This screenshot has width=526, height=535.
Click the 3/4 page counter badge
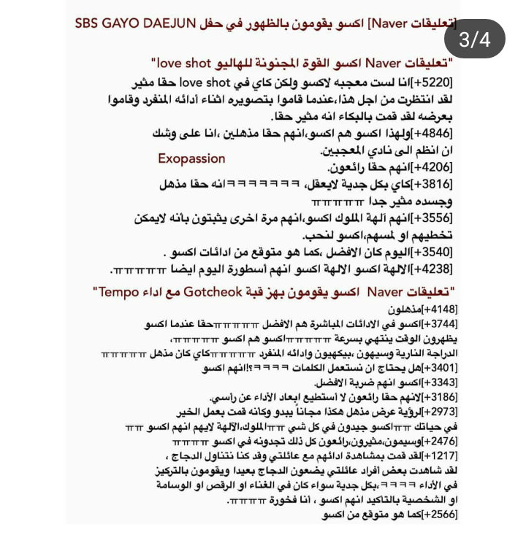(x=475, y=40)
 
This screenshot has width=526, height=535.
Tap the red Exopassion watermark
(x=191, y=158)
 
